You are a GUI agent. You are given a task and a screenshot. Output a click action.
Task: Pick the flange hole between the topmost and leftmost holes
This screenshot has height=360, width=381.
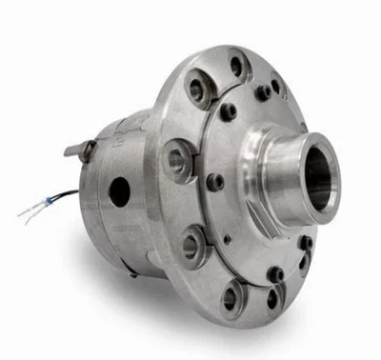198,90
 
